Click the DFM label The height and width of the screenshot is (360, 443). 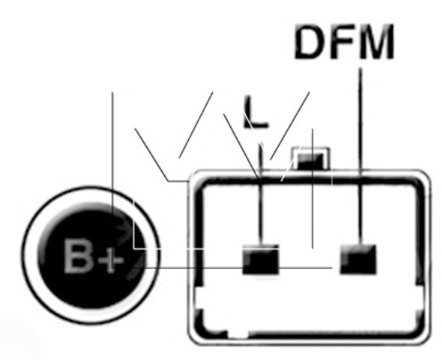pos(344,42)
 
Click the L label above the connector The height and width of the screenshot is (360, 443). pos(255,112)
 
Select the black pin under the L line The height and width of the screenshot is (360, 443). pos(261,259)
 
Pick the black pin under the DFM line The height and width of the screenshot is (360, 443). pos(358,259)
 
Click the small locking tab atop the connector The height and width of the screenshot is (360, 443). pos(311,158)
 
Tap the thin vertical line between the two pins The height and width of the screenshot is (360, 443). pos(313,189)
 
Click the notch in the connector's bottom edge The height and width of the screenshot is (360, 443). pos(238,334)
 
